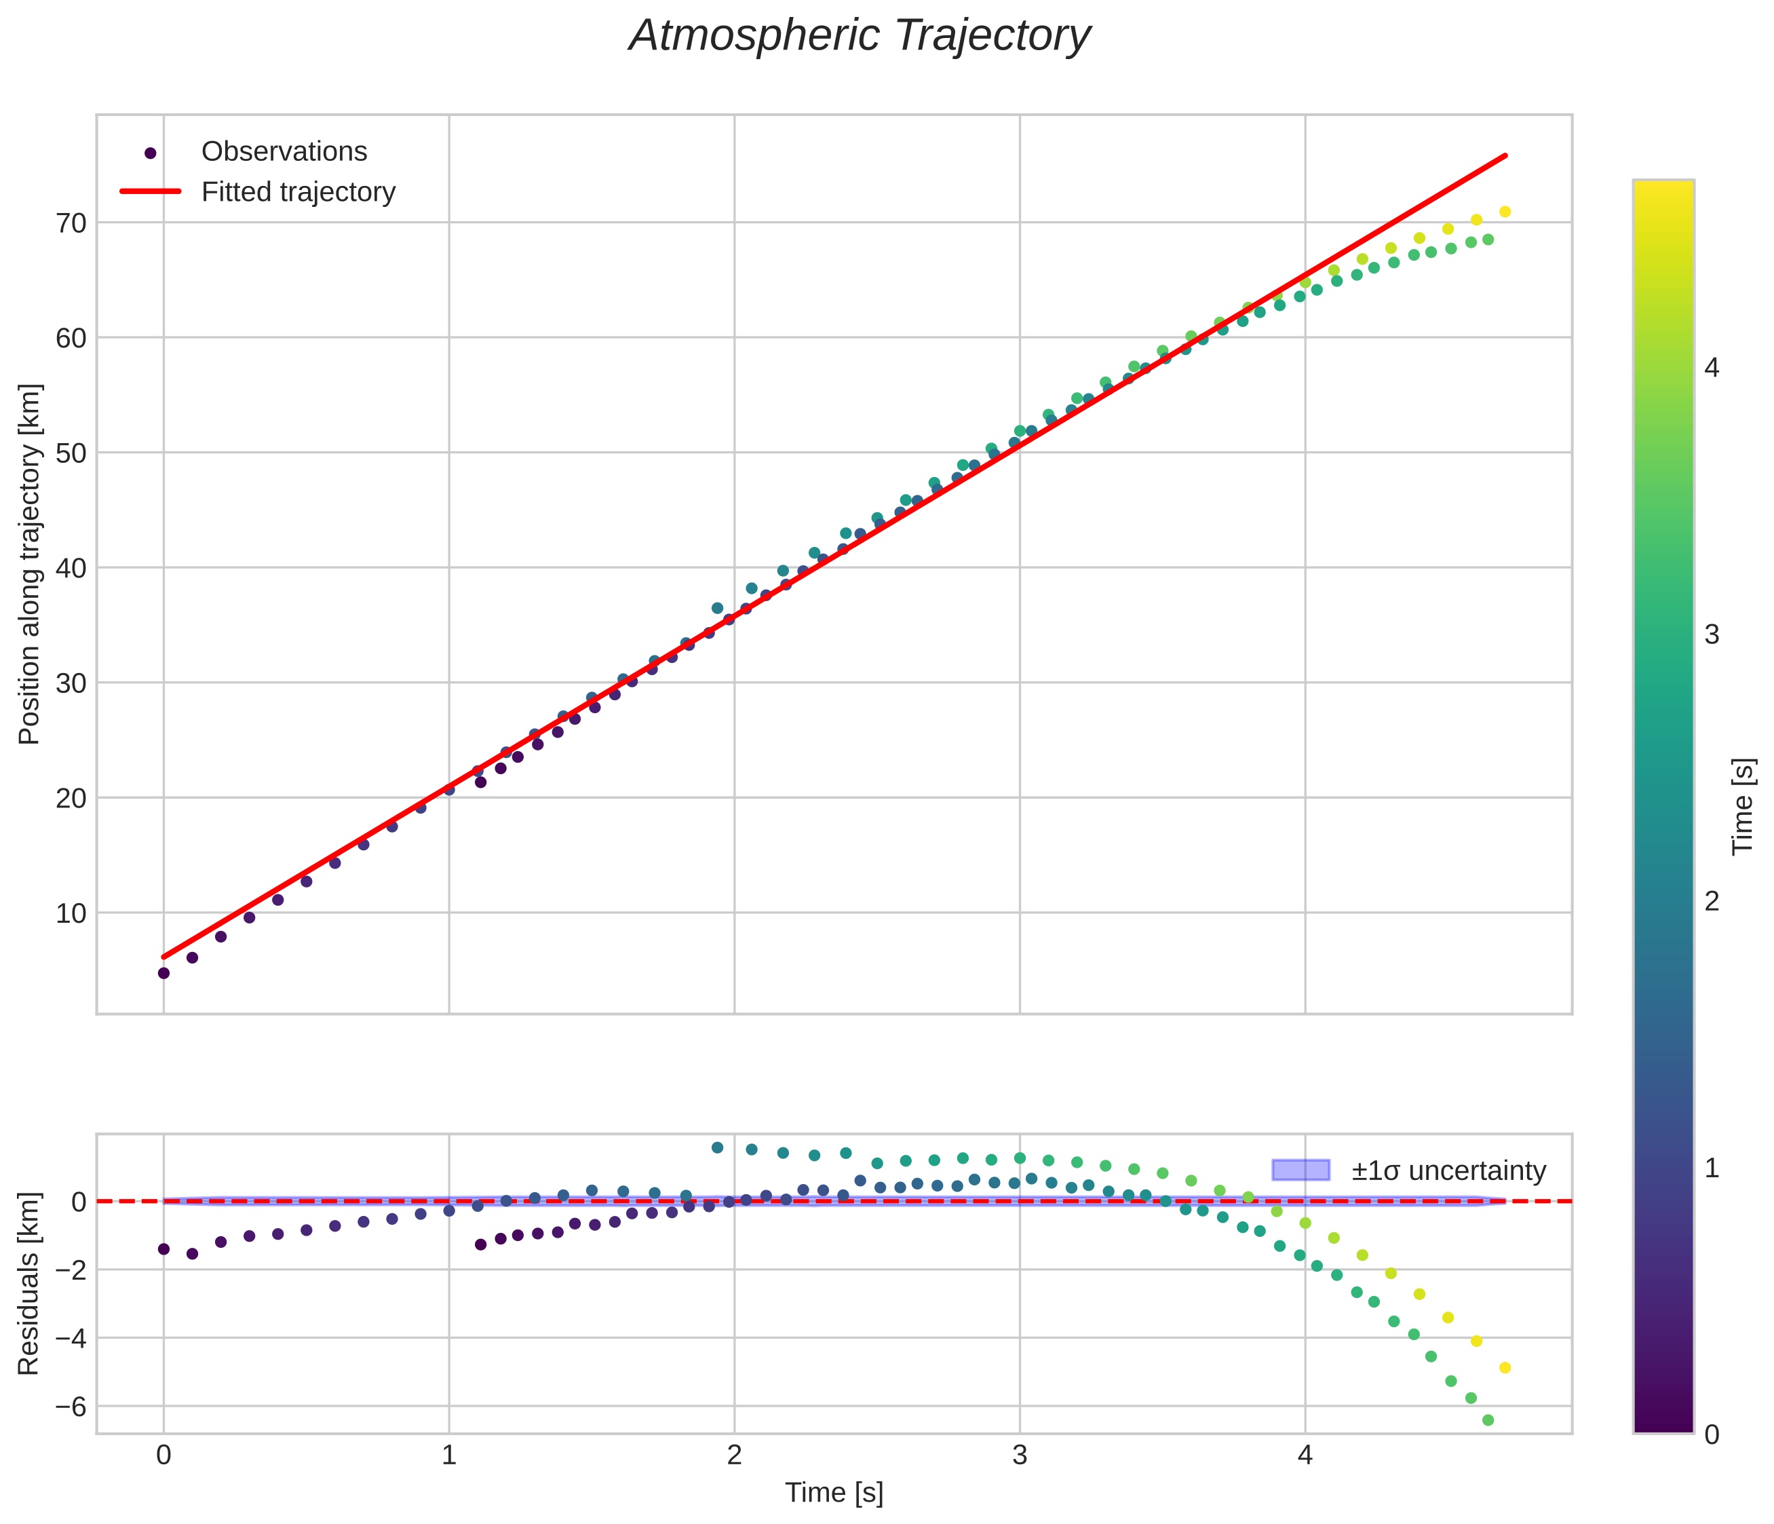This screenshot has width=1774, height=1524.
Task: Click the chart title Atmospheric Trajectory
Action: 859,36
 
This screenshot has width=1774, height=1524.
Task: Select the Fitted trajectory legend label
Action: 298,192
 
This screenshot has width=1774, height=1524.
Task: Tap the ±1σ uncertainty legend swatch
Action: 1300,1170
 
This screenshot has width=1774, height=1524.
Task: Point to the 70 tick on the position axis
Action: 71,223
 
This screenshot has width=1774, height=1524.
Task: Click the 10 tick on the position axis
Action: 71,913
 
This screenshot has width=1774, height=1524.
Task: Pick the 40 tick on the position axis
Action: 71,569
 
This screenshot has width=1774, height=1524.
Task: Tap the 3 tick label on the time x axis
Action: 1019,1455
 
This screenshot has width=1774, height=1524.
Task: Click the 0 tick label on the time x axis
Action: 163,1455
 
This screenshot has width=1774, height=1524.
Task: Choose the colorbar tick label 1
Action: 1712,1168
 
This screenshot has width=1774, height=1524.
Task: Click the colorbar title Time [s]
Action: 1743,807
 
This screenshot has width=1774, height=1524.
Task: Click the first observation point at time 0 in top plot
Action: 163,972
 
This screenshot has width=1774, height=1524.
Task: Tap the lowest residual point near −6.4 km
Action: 1488,1420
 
